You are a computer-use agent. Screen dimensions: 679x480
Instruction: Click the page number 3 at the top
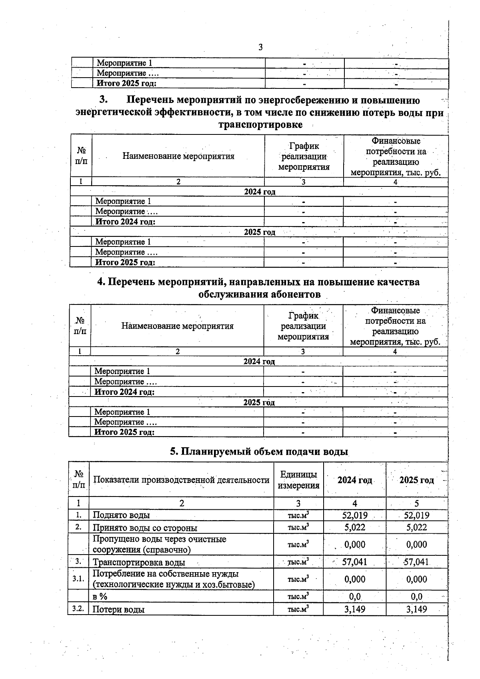click(260, 48)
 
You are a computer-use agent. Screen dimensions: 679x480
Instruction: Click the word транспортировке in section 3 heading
click(260, 124)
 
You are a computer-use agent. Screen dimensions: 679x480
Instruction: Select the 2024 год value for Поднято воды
click(354, 515)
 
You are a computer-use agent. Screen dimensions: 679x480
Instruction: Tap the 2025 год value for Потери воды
click(416, 609)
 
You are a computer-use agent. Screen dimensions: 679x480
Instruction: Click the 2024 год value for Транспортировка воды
click(354, 562)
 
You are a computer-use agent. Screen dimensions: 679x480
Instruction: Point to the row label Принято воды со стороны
click(145, 528)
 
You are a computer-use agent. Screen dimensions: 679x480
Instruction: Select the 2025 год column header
click(416, 480)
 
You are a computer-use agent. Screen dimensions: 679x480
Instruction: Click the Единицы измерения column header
click(298, 480)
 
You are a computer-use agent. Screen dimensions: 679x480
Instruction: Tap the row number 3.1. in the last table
click(78, 579)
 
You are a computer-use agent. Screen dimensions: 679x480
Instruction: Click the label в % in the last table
click(100, 597)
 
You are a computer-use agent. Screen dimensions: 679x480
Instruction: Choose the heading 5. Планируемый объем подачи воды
click(259, 452)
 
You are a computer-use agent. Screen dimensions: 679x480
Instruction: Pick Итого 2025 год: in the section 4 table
click(124, 432)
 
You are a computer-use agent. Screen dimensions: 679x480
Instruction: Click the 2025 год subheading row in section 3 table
click(260, 232)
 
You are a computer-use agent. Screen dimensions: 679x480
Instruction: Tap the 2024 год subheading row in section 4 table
click(259, 362)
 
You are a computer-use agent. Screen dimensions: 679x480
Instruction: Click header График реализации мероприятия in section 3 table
click(304, 156)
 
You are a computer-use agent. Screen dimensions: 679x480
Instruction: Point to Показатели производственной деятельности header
click(181, 480)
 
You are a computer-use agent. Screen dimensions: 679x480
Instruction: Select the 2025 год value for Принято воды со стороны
click(416, 527)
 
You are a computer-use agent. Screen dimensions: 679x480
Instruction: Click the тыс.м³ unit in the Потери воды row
click(298, 609)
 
